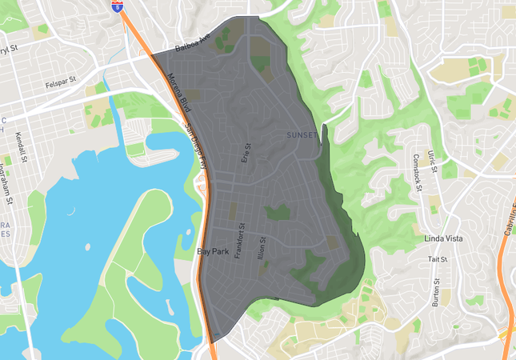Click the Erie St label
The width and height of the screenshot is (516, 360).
coord(246,152)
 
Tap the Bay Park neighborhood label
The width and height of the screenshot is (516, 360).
coord(213,251)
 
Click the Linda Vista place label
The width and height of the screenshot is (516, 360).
coord(445,239)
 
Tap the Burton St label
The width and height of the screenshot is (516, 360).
coord(436,293)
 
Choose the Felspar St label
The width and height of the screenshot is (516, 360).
coord(60,81)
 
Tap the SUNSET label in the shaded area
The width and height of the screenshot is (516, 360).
coord(302,135)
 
